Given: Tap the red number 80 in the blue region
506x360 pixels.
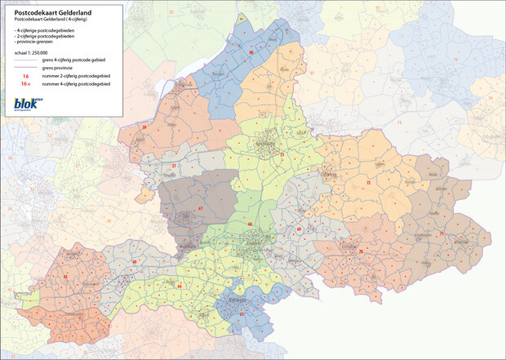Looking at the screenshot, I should pos(251,52).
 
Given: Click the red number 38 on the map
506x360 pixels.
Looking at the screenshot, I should pos(144,128).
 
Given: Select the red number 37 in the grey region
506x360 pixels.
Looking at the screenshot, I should pos(174,166).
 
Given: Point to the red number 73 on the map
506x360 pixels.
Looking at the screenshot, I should pos(282,153).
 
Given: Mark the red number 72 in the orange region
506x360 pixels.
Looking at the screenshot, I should pos(369,184).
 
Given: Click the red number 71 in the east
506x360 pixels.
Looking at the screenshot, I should pos(442,234).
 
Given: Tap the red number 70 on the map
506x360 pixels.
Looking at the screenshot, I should pos(360,251).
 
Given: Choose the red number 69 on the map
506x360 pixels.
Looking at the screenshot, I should pos(300,229).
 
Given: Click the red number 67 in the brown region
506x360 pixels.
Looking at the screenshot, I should pos(201,209).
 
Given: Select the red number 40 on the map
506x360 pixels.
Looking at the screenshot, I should pos(134,261).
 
